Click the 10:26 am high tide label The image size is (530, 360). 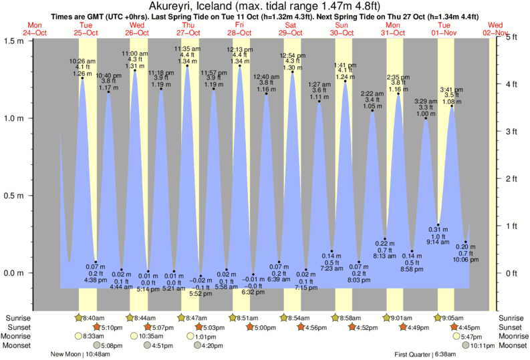click(83, 61)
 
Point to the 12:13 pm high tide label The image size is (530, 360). click(239, 49)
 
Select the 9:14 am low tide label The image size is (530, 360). click(438, 242)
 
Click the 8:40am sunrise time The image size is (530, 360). click(93, 318)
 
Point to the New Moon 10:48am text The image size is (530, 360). click(82, 355)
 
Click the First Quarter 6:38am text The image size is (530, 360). click(426, 355)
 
